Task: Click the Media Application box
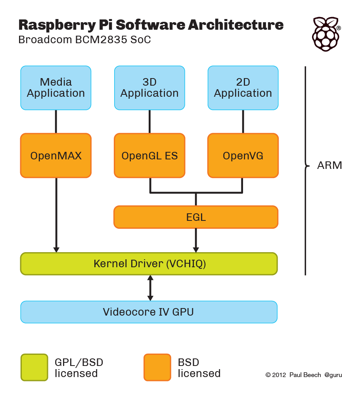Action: (56, 88)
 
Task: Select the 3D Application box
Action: (149, 88)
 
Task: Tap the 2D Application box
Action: (243, 88)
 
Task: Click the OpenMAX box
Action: (56, 156)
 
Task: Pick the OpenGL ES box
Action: (149, 156)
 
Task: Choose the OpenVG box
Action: (243, 156)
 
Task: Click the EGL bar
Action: (196, 217)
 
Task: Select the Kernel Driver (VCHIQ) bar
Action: (149, 264)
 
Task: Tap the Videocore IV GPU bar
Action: (149, 312)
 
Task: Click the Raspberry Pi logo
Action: (326, 34)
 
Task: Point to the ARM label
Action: (329, 165)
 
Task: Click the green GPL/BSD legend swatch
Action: (34, 368)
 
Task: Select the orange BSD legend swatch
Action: (157, 368)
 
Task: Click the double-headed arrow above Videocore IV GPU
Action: (150, 288)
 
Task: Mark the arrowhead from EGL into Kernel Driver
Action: (196, 250)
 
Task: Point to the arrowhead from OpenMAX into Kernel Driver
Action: (56, 250)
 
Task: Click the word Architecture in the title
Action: (236, 25)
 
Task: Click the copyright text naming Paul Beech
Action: (304, 375)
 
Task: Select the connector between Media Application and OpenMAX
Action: (56, 122)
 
